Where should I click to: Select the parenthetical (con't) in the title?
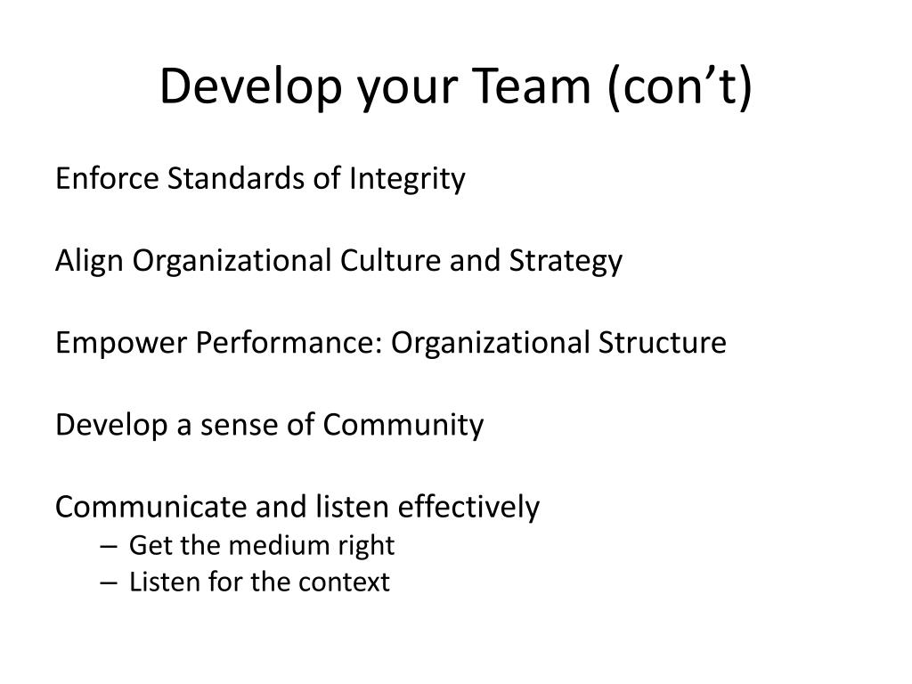click(680, 86)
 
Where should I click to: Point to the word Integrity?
click(406, 179)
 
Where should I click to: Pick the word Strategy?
click(566, 262)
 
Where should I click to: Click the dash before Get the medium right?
click(109, 546)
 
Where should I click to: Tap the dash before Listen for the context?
click(109, 583)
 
